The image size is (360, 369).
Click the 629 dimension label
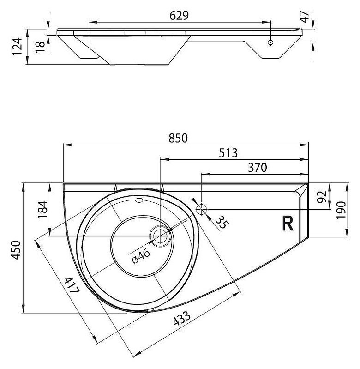[179, 16]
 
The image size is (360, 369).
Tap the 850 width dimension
[178, 138]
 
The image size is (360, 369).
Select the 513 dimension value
[228, 153]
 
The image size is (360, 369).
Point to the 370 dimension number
[257, 168]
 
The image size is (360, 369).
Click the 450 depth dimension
[17, 250]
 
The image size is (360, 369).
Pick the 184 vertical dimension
[43, 210]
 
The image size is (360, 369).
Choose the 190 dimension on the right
[341, 210]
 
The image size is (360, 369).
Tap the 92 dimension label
[322, 197]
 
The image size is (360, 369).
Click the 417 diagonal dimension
[72, 285]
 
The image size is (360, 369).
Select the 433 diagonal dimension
[181, 318]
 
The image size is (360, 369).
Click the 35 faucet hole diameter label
[221, 222]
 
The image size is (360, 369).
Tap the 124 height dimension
[17, 46]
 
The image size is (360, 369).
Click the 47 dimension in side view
[305, 17]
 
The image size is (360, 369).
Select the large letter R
[288, 224]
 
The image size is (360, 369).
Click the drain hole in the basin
[160, 236]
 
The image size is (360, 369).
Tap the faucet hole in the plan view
[202, 209]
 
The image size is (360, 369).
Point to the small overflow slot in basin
[139, 200]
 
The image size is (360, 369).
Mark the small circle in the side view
[270, 42]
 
